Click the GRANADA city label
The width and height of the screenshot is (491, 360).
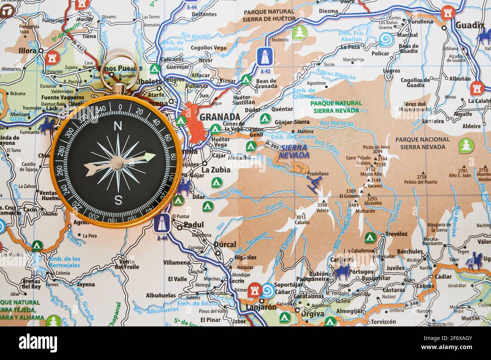tap(219, 117)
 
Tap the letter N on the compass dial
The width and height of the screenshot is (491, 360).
tap(118, 126)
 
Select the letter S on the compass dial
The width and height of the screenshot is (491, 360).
tap(118, 200)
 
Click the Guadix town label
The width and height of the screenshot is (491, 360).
tap(469, 25)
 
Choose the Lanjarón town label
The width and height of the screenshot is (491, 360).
tap(261, 307)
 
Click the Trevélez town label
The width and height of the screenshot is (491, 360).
tap(396, 234)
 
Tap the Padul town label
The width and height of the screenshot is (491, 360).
tap(193, 225)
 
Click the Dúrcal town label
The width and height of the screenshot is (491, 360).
tap(225, 244)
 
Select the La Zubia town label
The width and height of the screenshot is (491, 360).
tap(216, 170)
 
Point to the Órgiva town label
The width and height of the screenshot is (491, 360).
tap(312, 314)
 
